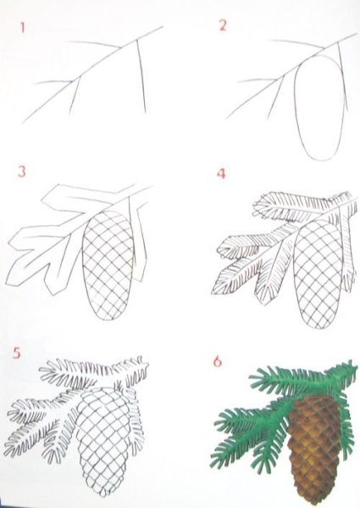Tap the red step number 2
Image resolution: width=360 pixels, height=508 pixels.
tap(223, 25)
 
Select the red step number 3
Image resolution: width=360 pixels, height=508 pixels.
tap(21, 173)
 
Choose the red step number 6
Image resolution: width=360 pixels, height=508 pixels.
tap(217, 362)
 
